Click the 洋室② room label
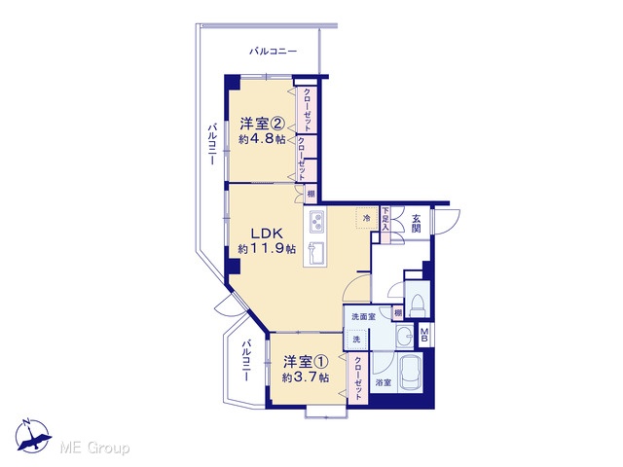[x=262, y=124]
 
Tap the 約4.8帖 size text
[x=262, y=139]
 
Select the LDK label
[x=266, y=233]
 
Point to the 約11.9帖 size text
[x=267, y=249]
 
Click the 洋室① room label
[x=306, y=362]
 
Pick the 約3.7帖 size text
[x=306, y=377]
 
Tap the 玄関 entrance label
[x=416, y=223]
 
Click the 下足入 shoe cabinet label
[x=385, y=219]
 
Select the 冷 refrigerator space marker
[x=367, y=218]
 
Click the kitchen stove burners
[x=316, y=222]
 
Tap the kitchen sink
[x=316, y=253]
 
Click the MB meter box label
[x=424, y=335]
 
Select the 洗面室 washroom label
[x=363, y=316]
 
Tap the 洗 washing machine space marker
[x=356, y=340]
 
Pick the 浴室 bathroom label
[x=384, y=382]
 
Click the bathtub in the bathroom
[x=411, y=373]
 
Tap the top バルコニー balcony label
[x=273, y=52]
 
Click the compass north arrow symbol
[x=32, y=436]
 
